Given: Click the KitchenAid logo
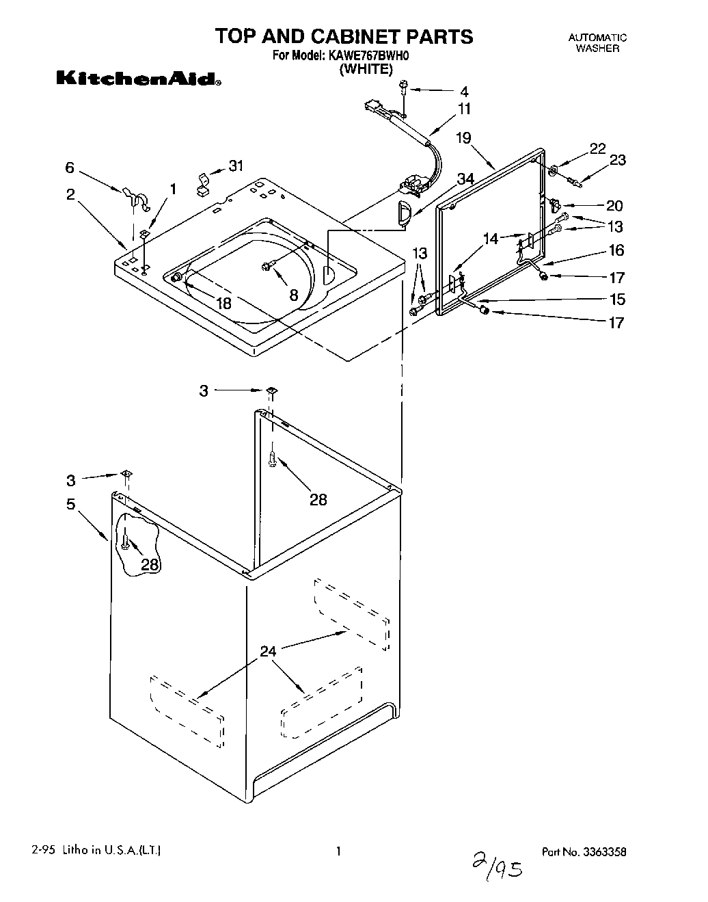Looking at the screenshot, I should tap(137, 79).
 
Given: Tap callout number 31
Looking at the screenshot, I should tap(236, 165).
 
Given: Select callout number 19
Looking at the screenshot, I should tap(463, 138).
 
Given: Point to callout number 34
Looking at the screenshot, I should tap(465, 179).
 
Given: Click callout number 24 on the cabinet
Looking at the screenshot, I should tap(268, 651).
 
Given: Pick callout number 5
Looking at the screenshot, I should tap(71, 505).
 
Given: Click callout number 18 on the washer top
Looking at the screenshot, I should tap(223, 303).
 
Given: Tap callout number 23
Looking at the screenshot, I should tap(617, 160).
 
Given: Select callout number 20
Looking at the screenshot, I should tap(614, 205).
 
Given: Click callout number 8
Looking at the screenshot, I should tap(293, 295).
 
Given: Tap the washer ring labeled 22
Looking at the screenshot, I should tap(552, 168).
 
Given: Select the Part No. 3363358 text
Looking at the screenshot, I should tap(584, 852).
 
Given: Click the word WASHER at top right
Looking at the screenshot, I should tap(597, 49).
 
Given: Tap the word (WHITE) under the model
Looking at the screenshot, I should tap(366, 68).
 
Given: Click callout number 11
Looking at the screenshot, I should tap(464, 108).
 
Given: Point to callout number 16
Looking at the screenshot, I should tap(616, 250).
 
